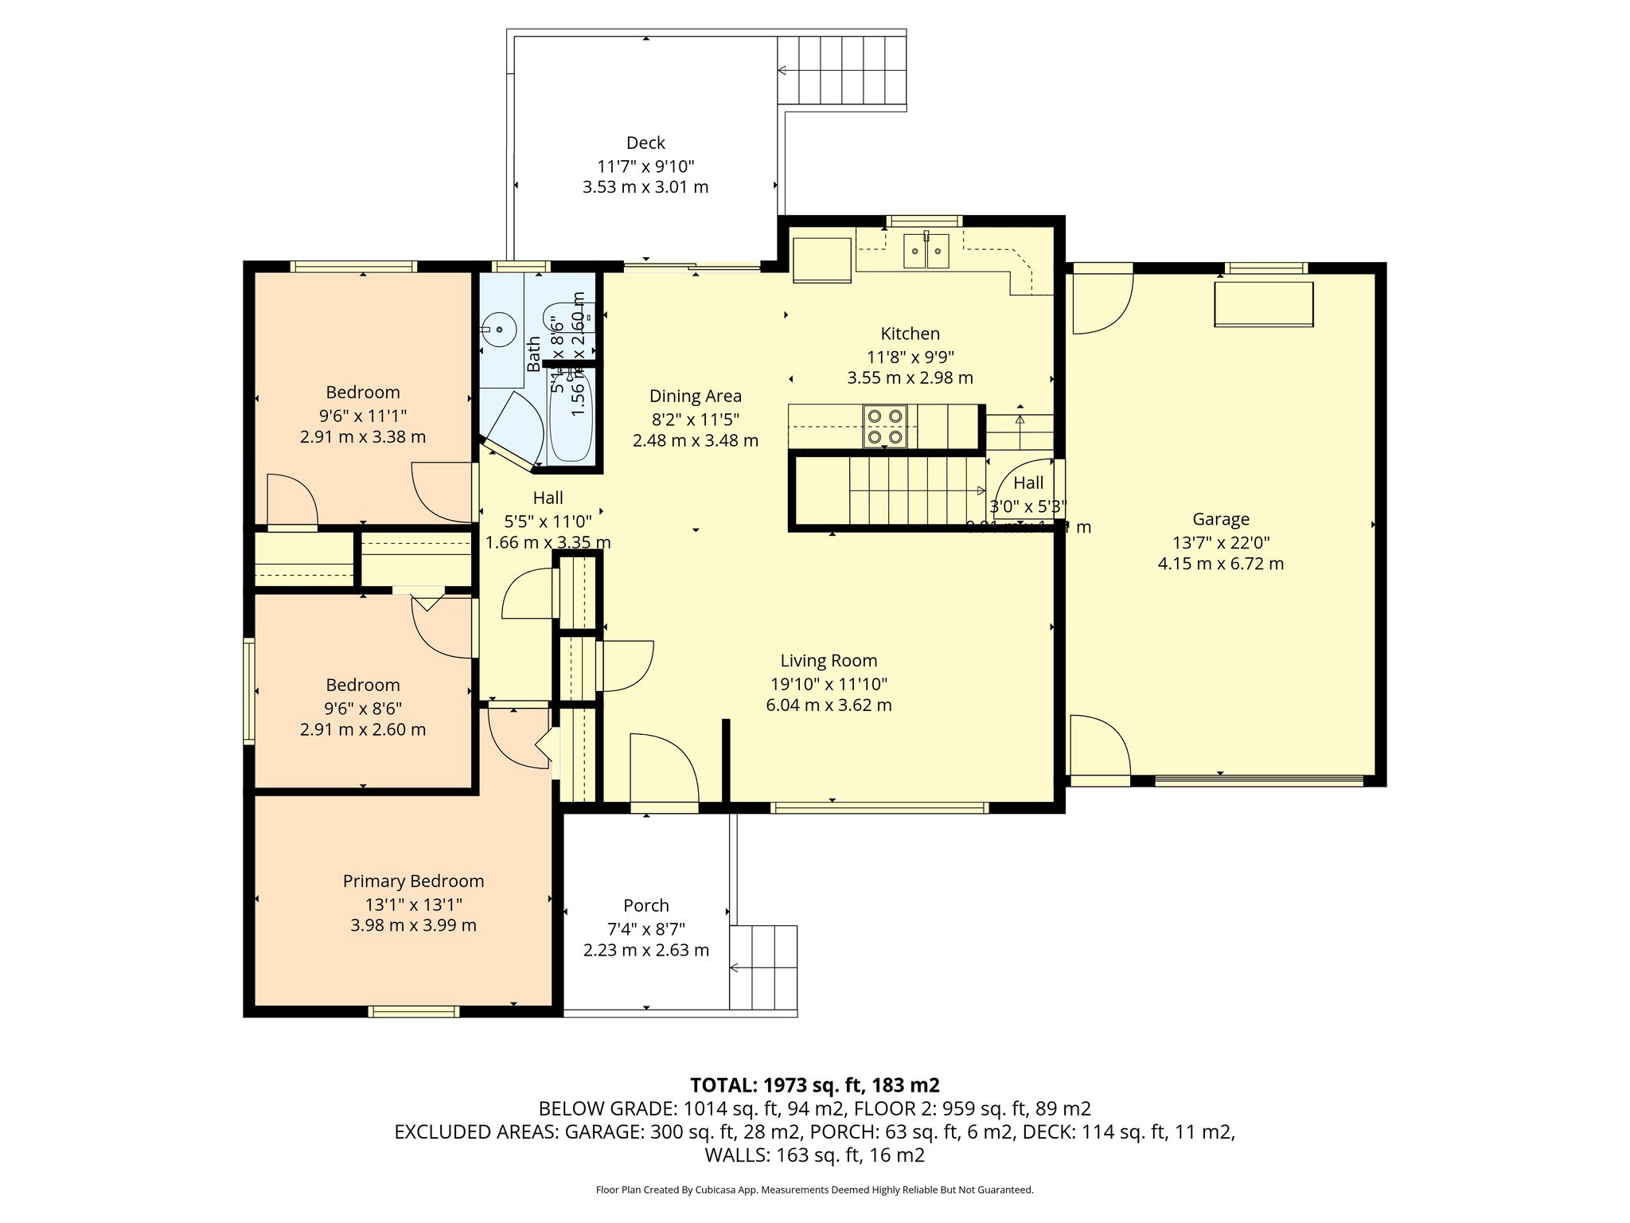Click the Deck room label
click(x=645, y=143)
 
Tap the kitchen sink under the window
click(x=926, y=252)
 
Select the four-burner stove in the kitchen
click(x=885, y=427)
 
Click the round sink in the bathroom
click(x=499, y=328)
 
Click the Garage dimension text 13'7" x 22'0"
click(x=1220, y=543)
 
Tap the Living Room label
click(x=829, y=660)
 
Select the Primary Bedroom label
click(x=413, y=881)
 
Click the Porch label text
click(x=645, y=905)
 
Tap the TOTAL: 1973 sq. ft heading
click(x=814, y=1084)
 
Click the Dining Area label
click(x=695, y=396)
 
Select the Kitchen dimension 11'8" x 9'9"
click(x=910, y=357)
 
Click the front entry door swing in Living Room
click(x=663, y=768)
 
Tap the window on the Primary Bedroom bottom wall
click(x=414, y=1011)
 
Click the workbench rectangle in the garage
click(x=1263, y=304)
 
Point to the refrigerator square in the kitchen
click(x=822, y=260)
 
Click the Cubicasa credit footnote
click(x=814, y=1190)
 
